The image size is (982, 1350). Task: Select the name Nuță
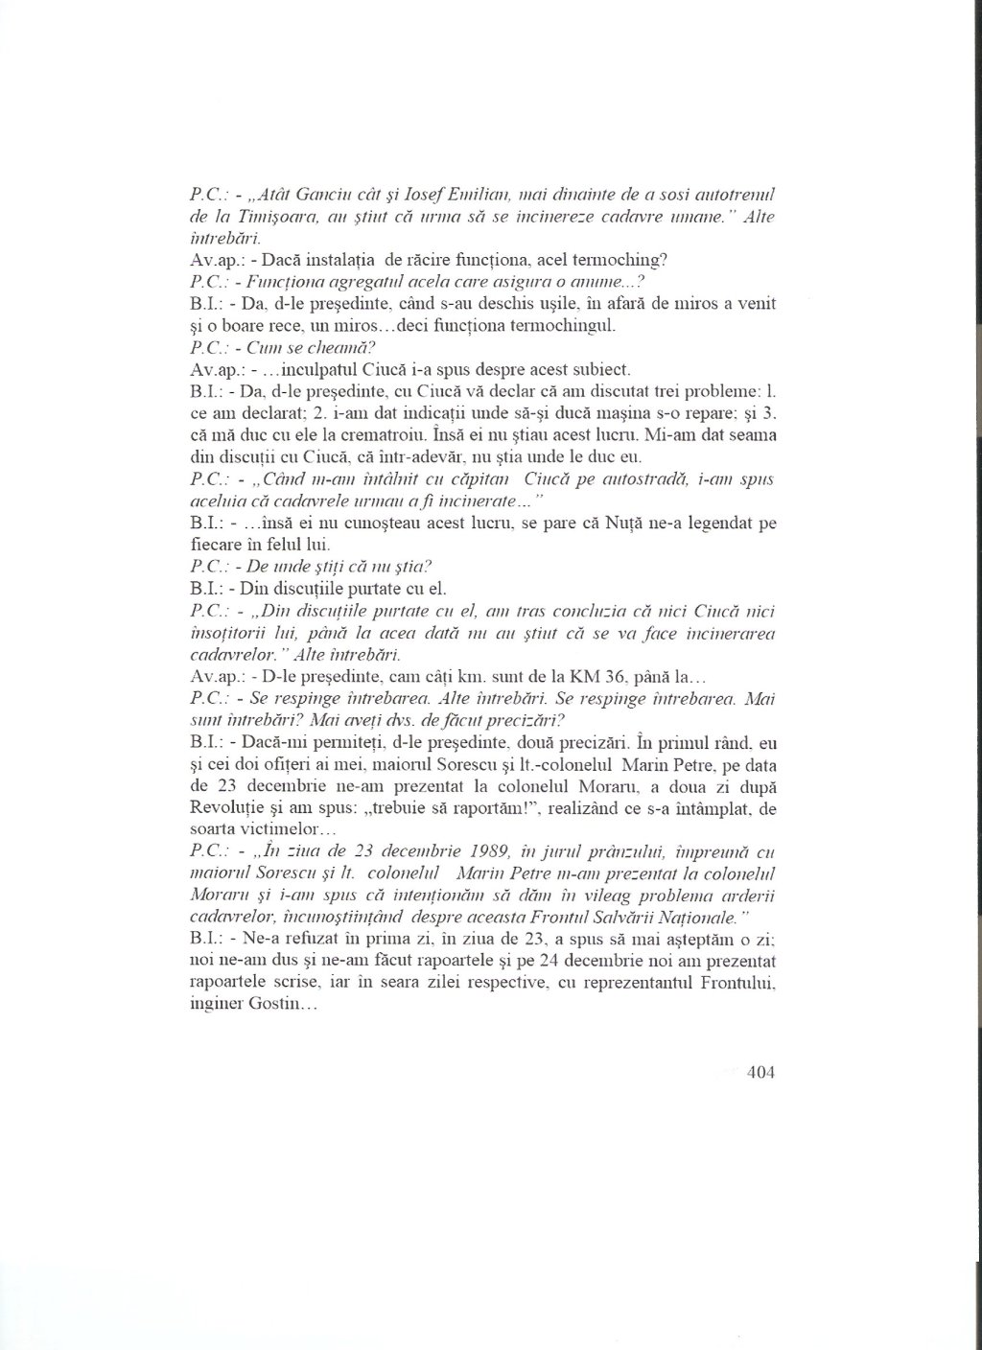click(609, 525)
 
